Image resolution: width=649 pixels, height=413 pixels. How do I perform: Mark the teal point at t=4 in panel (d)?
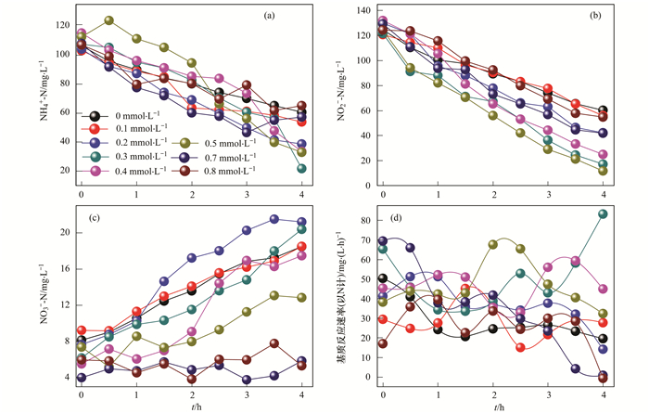(x=604, y=214)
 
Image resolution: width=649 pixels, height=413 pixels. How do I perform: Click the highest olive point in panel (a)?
(x=109, y=19)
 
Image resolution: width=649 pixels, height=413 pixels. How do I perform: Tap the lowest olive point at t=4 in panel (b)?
(x=604, y=171)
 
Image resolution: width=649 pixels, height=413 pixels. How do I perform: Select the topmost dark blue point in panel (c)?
(x=275, y=219)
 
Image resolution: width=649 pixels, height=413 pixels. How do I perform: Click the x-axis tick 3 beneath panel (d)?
(x=549, y=395)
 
